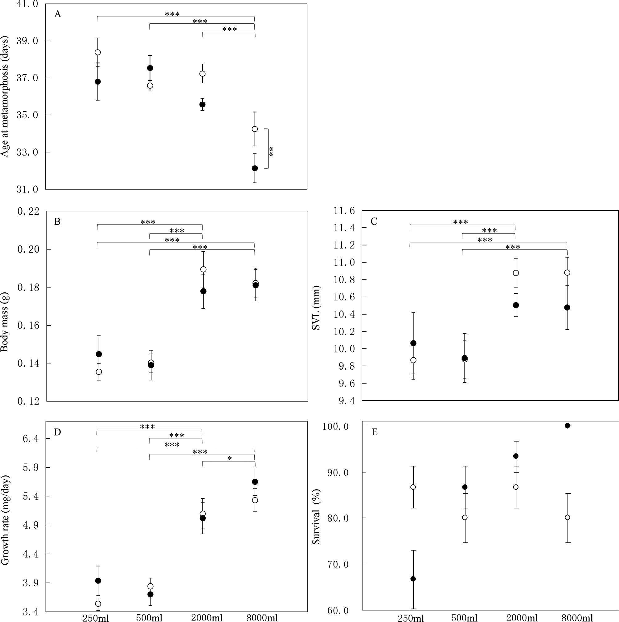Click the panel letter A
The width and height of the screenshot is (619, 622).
57,14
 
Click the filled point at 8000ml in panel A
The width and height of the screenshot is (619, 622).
255,168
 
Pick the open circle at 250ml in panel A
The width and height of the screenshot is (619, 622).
98,52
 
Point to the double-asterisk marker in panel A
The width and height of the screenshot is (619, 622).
271,152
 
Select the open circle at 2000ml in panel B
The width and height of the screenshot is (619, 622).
203,269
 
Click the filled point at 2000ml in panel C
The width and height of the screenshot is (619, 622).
515,305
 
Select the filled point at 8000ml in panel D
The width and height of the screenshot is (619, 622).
255,482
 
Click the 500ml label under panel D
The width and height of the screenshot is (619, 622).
149,617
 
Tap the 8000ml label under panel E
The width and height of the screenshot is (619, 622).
577,617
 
